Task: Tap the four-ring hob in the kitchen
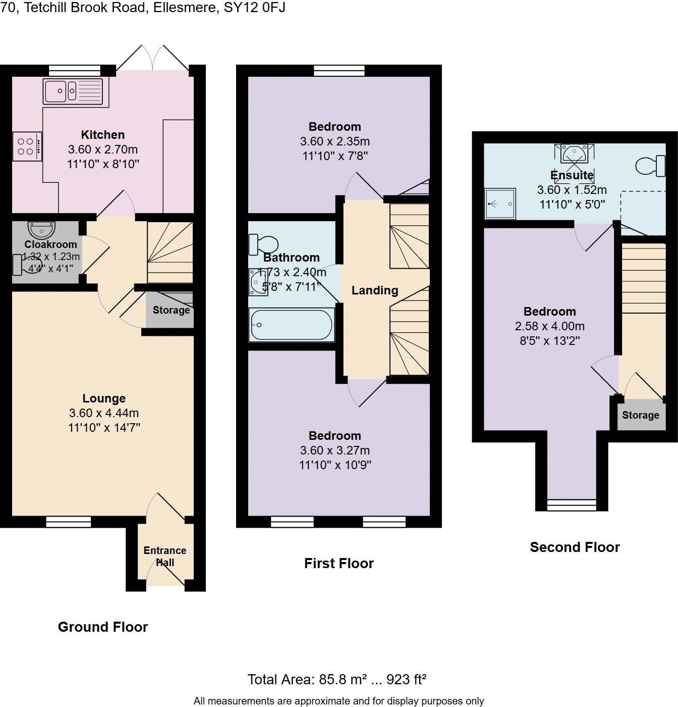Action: [x=27, y=146]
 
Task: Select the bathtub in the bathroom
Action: [x=291, y=325]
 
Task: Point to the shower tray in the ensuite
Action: [x=500, y=204]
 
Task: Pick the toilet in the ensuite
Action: [x=651, y=166]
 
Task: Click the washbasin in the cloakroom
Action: [x=42, y=230]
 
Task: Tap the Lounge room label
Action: [x=104, y=398]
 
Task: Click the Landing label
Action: [x=375, y=290]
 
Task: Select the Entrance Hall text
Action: [x=165, y=557]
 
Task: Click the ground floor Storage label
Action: [x=171, y=310]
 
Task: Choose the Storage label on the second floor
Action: [x=640, y=415]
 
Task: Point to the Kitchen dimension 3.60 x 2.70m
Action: [x=103, y=149]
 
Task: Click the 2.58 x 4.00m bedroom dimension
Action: [x=549, y=326]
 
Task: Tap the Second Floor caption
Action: [x=575, y=547]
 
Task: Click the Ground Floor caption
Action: [x=103, y=627]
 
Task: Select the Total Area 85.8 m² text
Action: [x=336, y=680]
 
